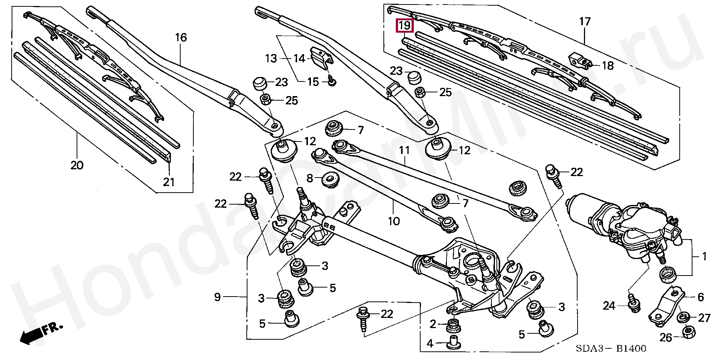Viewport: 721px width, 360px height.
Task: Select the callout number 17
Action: (x=585, y=22)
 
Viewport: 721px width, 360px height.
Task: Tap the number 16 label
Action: (x=181, y=38)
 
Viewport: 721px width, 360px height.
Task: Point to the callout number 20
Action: (x=77, y=165)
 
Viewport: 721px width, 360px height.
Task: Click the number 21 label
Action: (x=169, y=182)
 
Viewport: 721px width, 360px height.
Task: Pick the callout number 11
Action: (x=404, y=151)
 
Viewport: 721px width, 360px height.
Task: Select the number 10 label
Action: (x=394, y=221)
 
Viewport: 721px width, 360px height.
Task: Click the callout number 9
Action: (x=217, y=297)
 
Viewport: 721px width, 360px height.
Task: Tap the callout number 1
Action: (x=704, y=257)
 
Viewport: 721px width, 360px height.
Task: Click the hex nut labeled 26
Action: (x=687, y=331)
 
